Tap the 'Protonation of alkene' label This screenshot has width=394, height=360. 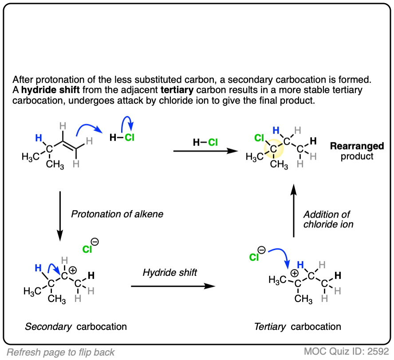[117, 214]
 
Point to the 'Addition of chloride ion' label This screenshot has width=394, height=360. [328, 219]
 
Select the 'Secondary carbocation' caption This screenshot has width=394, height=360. [76, 327]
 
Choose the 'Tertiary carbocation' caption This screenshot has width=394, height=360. [297, 327]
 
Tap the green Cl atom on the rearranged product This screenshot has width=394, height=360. [260, 138]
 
